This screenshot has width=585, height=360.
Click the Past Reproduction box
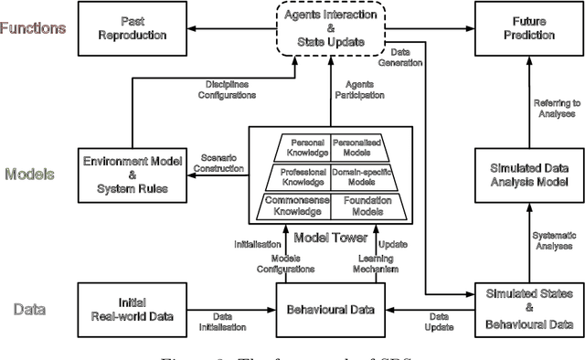click(x=144, y=28)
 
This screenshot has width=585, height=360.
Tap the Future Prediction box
click(x=520, y=28)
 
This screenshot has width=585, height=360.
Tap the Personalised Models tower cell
click(x=353, y=148)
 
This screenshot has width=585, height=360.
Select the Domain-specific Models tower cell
click(x=357, y=177)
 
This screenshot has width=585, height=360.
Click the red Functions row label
click(x=33, y=28)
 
